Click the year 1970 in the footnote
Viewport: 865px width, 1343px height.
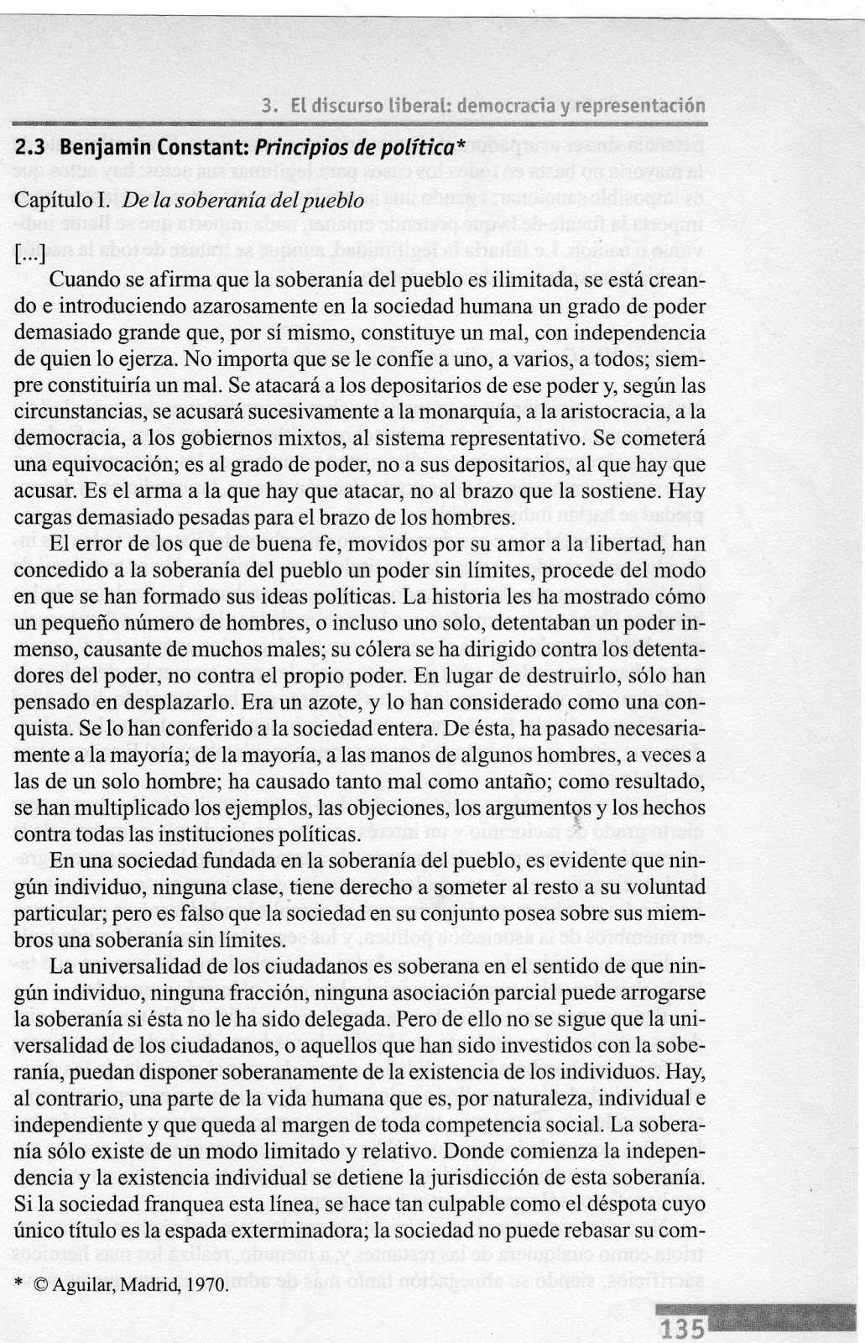[209, 1283]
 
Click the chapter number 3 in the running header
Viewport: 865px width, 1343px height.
[266, 107]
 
